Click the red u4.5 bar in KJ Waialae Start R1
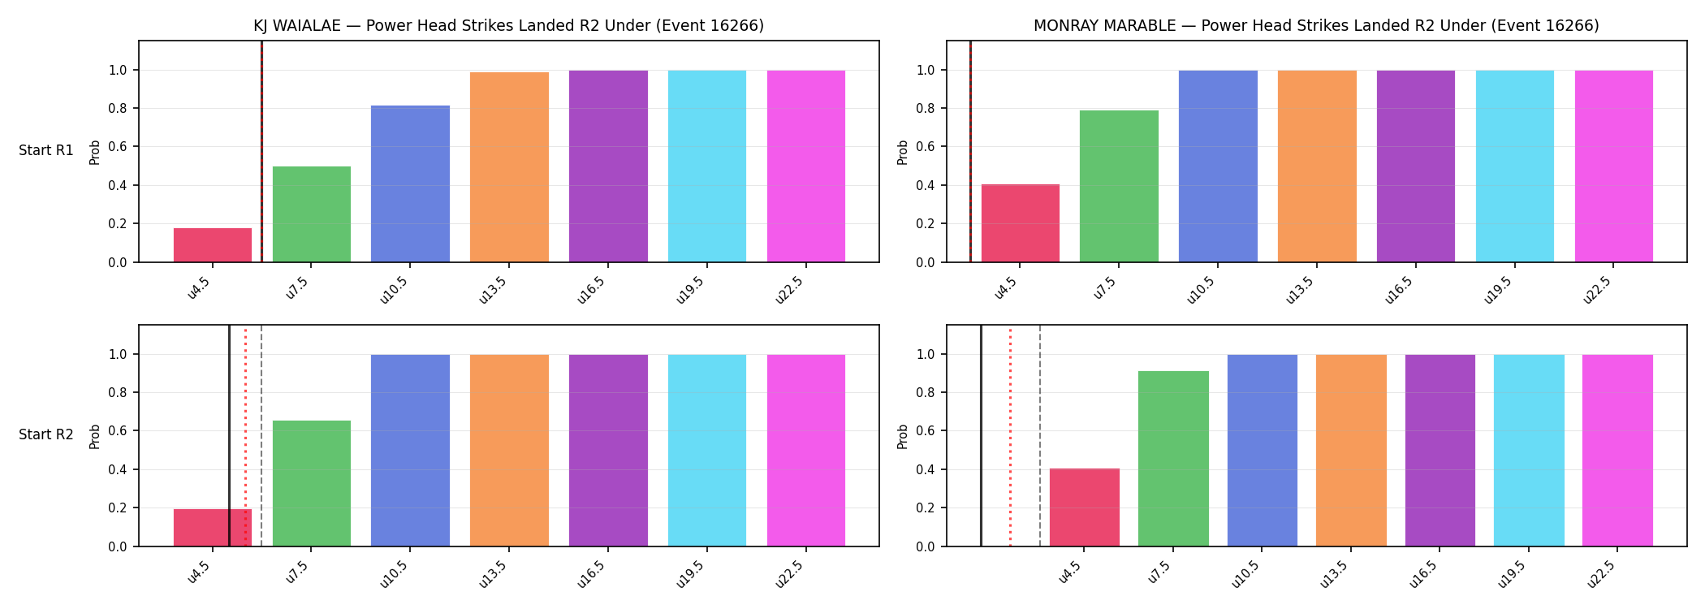(x=213, y=245)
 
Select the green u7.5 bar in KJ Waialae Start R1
(x=312, y=214)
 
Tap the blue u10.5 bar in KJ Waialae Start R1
(x=410, y=184)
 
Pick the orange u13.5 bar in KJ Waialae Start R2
(x=509, y=451)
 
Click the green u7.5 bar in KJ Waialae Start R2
(x=312, y=483)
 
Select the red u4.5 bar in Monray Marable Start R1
(x=1021, y=223)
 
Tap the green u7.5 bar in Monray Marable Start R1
(x=1119, y=186)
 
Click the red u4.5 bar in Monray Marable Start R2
(x=1085, y=508)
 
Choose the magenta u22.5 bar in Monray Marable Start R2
(x=1617, y=451)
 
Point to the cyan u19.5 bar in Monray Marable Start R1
(x=1515, y=166)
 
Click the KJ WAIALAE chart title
(x=509, y=26)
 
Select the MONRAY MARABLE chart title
(x=1316, y=26)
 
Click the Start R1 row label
(x=46, y=151)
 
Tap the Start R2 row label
(x=46, y=435)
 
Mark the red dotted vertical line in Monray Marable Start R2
(x=1010, y=435)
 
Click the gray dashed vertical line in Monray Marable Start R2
(x=1040, y=435)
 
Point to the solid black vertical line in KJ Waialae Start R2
(x=229, y=435)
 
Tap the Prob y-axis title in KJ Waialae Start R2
(x=95, y=436)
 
